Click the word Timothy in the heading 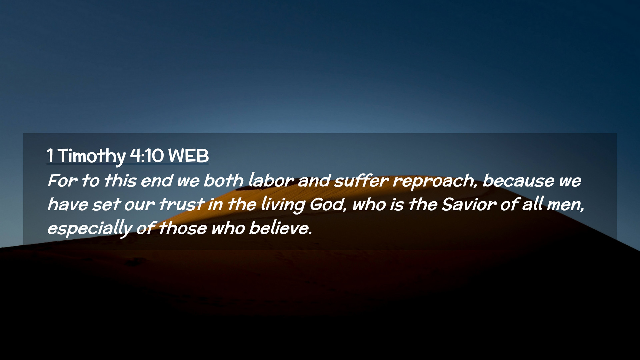pos(92,156)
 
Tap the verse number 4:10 pos(147,156)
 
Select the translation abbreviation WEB pos(188,156)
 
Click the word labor pos(271,180)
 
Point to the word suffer pos(361,180)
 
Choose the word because pos(518,181)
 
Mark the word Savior pos(469,204)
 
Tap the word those pos(183,228)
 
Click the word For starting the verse pos(63,181)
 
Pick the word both pos(223,180)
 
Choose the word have pos(67,204)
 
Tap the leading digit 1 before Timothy pos(50,156)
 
